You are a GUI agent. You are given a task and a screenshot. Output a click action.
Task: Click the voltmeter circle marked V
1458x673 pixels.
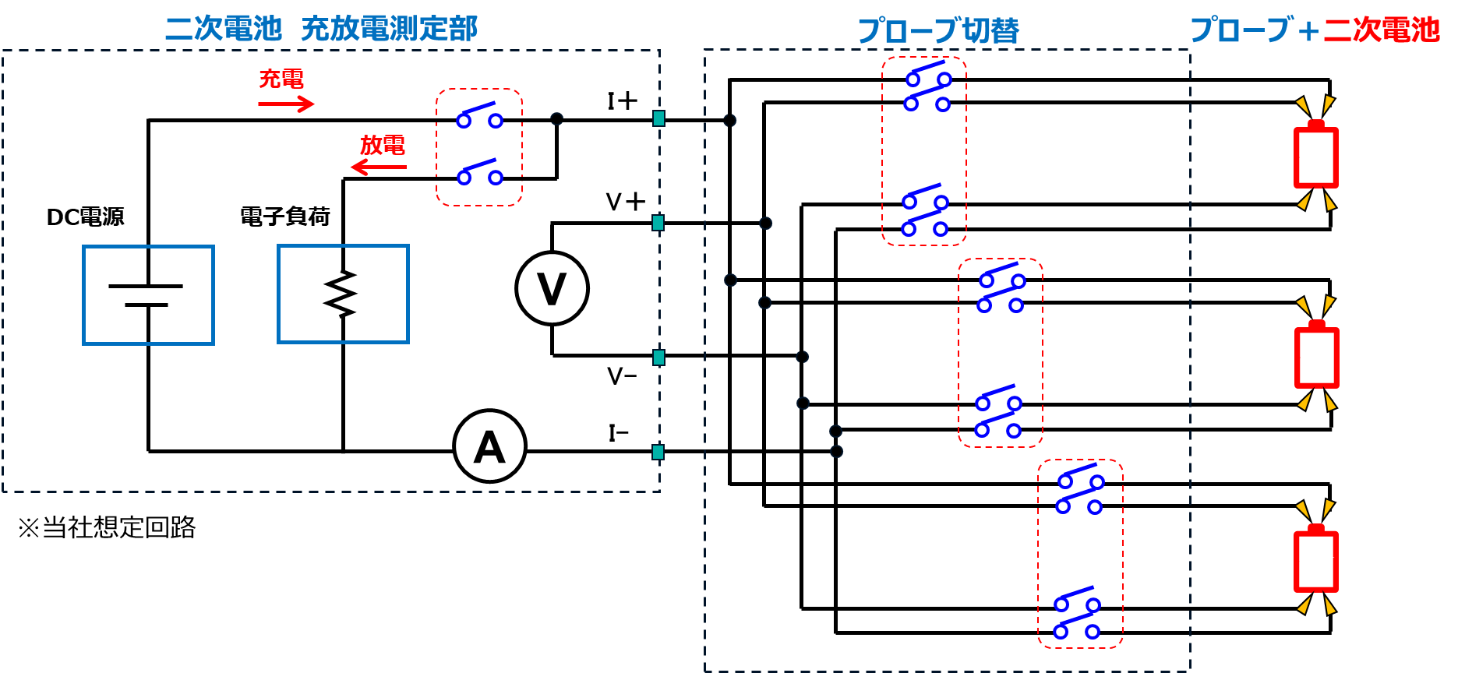(x=552, y=288)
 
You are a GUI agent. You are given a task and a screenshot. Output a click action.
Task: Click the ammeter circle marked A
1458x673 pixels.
(x=489, y=446)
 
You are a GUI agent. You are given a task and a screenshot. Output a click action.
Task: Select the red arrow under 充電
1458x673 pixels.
(x=286, y=104)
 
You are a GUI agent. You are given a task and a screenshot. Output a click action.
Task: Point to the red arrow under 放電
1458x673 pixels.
(x=379, y=167)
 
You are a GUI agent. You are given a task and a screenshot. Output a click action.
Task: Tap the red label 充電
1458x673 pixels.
(x=281, y=79)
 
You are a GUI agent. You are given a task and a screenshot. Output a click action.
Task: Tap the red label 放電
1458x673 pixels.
(x=382, y=145)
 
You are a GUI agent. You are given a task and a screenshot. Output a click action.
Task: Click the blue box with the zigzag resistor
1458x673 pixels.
(x=343, y=294)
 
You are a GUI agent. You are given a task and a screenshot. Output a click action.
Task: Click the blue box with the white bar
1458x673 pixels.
(x=148, y=294)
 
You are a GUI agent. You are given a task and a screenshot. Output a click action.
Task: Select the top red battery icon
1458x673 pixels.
(x=1316, y=156)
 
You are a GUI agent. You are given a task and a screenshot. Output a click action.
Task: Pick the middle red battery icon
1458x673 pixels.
(x=1317, y=356)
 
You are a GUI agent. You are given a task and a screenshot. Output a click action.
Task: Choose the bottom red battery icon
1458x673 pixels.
(x=1316, y=559)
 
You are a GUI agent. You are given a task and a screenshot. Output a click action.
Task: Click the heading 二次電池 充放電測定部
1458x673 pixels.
(x=321, y=29)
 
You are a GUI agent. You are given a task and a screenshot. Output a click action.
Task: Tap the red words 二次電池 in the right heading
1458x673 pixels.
(x=1382, y=30)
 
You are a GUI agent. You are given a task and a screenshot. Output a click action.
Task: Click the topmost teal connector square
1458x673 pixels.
(x=658, y=118)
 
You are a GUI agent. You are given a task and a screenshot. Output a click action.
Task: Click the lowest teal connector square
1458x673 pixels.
(x=658, y=452)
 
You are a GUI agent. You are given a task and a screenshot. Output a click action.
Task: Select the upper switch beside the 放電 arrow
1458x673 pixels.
(x=479, y=117)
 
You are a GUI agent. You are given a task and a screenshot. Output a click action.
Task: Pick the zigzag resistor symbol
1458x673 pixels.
(x=343, y=294)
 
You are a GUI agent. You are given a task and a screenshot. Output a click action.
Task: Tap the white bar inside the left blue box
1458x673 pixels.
(x=143, y=296)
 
